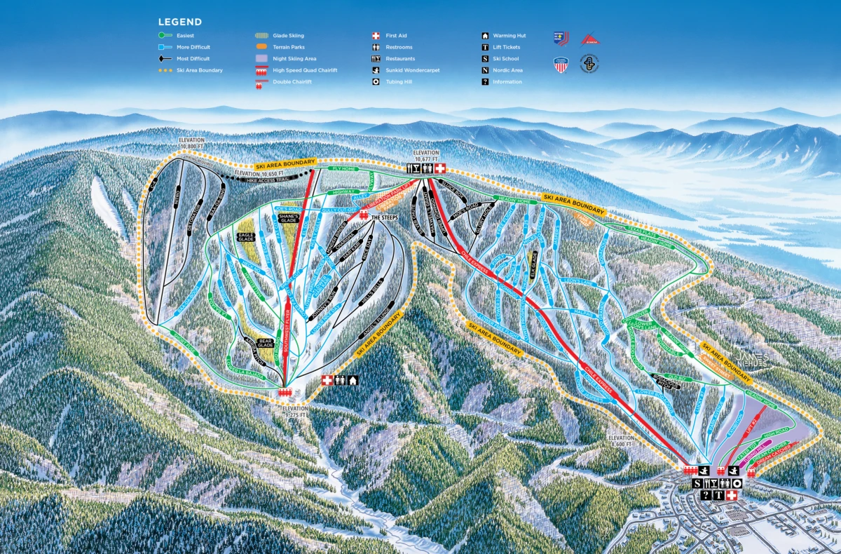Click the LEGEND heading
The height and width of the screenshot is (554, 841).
click(x=180, y=22)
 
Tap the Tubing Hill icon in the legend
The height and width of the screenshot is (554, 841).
click(x=376, y=82)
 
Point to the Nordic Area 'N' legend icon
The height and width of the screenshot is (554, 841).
click(x=485, y=70)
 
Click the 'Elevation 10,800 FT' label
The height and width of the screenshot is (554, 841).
click(x=191, y=144)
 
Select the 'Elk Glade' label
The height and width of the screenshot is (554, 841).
click(x=533, y=265)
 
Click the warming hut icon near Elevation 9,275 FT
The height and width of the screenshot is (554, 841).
click(x=353, y=380)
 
